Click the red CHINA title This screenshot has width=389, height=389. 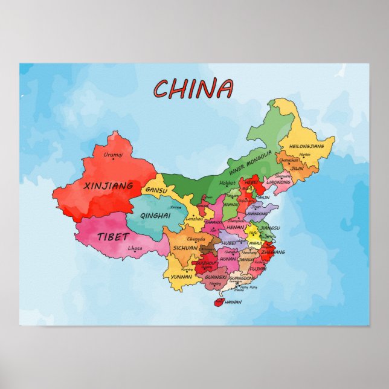pyautogui.click(x=193, y=89)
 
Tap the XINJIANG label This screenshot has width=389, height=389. pyautogui.click(x=109, y=186)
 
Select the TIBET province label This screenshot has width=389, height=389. pyautogui.click(x=112, y=237)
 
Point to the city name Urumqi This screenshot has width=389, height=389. pyautogui.click(x=113, y=155)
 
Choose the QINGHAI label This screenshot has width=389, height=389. pyautogui.click(x=155, y=215)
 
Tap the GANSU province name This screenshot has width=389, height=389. pyautogui.click(x=156, y=190)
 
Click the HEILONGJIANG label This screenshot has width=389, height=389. pyautogui.click(x=311, y=146)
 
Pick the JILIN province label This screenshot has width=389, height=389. pyautogui.click(x=297, y=169)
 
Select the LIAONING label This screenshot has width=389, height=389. pyautogui.click(x=278, y=181)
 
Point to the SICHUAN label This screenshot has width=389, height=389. pyautogui.click(x=185, y=248)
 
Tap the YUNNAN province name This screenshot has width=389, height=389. pyautogui.click(x=182, y=277)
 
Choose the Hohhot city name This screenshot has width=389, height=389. pyautogui.click(x=227, y=182)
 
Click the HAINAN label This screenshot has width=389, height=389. pyautogui.click(x=233, y=301)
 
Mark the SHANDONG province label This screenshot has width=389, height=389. pyautogui.click(x=257, y=213)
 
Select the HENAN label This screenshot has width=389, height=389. pyautogui.click(x=235, y=227)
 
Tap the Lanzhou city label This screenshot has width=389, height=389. pyautogui.click(x=194, y=218)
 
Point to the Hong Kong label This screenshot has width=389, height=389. pyautogui.click(x=248, y=287)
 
